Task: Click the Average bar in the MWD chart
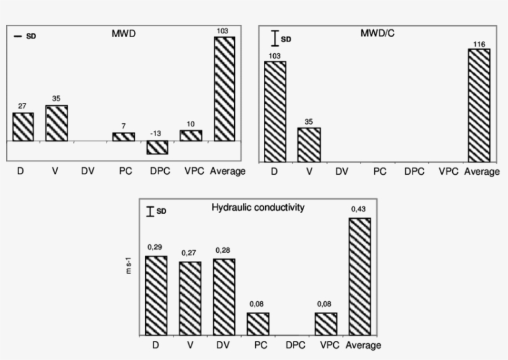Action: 224,89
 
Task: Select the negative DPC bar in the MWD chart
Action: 157,147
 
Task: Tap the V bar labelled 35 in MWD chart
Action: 56,123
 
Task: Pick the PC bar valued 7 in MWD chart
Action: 123,137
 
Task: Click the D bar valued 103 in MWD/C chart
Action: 275,112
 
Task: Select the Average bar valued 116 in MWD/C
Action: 479,105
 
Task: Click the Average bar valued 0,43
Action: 360,276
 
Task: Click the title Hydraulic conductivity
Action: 258,208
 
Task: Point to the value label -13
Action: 157,133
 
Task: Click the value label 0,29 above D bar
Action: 156,247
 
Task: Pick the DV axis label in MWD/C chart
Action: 343,172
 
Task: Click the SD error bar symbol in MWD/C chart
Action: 274,40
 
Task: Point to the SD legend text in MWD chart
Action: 31,37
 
